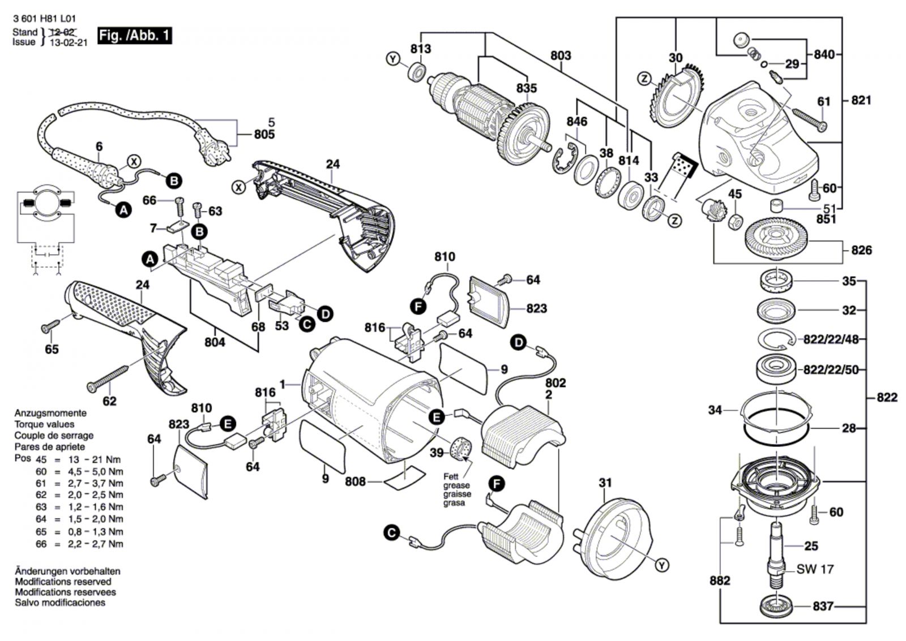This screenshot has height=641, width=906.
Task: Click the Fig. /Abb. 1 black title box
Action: coord(134,36)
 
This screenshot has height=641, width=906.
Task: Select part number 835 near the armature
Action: coord(526,88)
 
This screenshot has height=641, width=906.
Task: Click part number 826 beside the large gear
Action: coord(861,250)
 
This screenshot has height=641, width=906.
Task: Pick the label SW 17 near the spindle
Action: coord(815,569)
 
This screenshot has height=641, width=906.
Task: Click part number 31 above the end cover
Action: coord(605,483)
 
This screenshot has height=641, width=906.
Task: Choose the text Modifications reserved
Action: coord(63,582)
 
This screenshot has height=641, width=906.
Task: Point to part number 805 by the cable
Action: coord(264,135)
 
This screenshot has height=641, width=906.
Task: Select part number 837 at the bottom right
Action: coord(823,606)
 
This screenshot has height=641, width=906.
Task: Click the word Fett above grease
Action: coord(451,477)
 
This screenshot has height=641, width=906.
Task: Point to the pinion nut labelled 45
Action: coord(734,220)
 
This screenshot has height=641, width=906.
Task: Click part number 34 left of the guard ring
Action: coord(715,409)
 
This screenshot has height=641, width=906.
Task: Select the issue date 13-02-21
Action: coord(69,42)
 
